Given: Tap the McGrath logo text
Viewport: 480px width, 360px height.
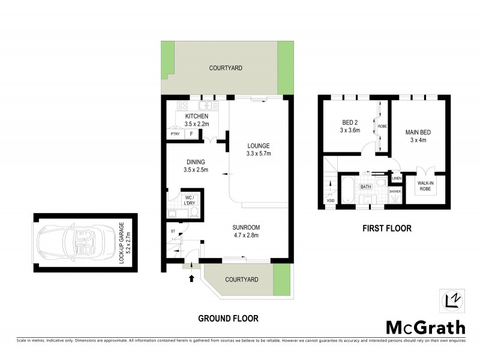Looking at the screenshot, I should pos(425,328).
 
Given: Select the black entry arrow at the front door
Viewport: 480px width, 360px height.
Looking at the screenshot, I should pos(192,278).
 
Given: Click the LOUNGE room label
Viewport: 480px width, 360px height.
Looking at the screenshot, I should pos(259,146).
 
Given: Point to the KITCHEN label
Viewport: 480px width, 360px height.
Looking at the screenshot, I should pos(196,116).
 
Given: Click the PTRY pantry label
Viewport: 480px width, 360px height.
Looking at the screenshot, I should pos(175,134).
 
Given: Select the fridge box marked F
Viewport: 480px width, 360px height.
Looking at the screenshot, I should pos(191,134).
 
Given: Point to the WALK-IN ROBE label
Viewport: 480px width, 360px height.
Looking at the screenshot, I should pos(425,186).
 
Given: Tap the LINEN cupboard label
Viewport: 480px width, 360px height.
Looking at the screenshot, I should pos(397,178).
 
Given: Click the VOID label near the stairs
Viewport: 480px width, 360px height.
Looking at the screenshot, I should pos(329,202).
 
